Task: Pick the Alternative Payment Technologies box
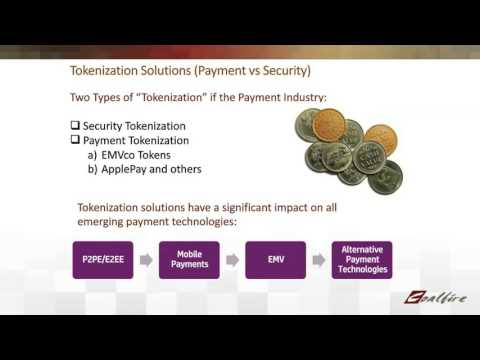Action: (x=362, y=259)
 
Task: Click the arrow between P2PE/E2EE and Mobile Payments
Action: (x=143, y=259)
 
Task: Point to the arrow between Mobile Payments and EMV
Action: (x=231, y=259)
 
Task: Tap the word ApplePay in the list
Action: (x=127, y=169)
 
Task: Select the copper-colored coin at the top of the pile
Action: (x=329, y=123)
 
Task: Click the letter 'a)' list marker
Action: (x=94, y=155)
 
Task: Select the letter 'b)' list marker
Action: (x=94, y=169)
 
